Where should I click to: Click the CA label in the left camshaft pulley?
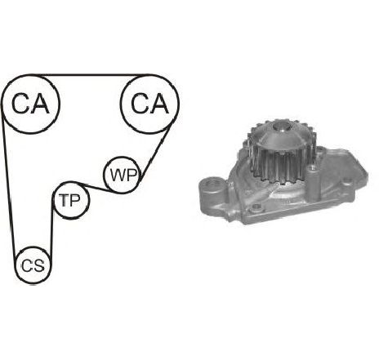pos(30,104)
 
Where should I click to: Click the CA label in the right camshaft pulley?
pos(149,104)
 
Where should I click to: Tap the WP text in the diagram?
pos(123,175)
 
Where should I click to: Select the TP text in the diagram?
pos(70,200)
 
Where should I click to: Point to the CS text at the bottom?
pos(33,265)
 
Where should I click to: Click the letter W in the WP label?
pos(118,175)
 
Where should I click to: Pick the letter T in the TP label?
pos(65,200)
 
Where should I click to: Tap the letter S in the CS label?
pos(38,265)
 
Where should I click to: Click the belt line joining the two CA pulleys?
pos(90,74)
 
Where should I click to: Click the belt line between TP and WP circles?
pos(96,188)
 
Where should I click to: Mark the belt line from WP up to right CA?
pos(157,153)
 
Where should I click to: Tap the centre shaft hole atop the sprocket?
pos(280,127)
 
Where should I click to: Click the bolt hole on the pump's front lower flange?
pos(256,208)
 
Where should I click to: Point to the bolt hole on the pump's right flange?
pos(347,181)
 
